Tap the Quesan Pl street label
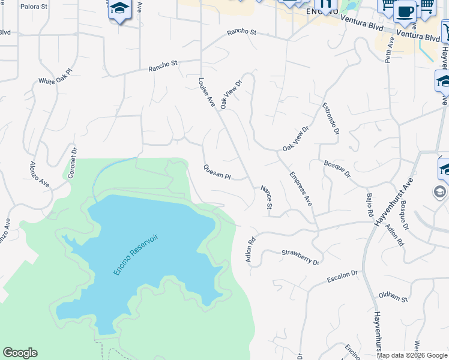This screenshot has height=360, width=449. (217, 172)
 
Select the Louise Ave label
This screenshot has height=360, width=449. (207, 92)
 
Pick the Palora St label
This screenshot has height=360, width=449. (34, 7)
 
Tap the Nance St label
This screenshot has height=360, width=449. (266, 198)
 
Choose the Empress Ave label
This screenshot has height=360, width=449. (301, 189)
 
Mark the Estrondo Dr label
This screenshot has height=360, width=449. (331, 118)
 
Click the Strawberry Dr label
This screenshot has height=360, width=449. (300, 257)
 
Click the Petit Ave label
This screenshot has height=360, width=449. (390, 50)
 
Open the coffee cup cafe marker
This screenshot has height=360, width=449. (405, 11)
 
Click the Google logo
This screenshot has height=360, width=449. (20, 353)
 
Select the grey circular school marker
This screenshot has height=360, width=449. (439, 192)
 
